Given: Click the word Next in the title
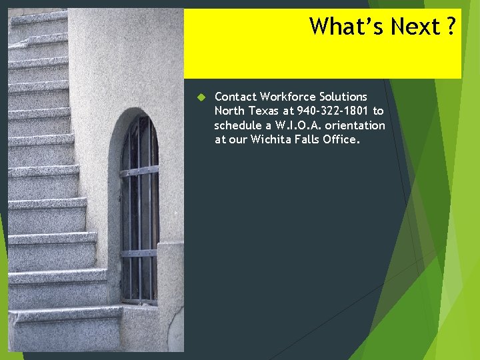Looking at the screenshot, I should pos(415,27).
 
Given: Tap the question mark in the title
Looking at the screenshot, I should pos(451,27).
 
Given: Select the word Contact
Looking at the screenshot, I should pos(235,97).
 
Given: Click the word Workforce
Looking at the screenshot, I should pos(286,97).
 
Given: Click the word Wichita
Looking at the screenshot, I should pos(271,139).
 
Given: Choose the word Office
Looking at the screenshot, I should pos(343,139).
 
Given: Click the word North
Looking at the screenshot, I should pos(229,111).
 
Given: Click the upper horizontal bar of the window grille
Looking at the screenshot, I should pos(139,171).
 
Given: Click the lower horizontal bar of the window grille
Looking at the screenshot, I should pos(139,253).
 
